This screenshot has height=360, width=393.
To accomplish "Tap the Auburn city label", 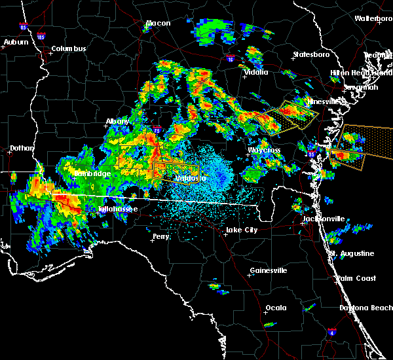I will pos(16,43).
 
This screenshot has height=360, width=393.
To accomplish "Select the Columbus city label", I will pos(69,49).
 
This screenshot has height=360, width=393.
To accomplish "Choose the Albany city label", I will pos(118,121).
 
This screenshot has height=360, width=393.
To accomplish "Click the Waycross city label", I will pos(263,150).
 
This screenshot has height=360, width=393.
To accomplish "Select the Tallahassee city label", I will pos(118,209).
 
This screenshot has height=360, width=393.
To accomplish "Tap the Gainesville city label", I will pos(268,270).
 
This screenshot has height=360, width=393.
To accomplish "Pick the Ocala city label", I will pos(276,308).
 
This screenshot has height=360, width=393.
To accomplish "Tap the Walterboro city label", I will pos(373,18).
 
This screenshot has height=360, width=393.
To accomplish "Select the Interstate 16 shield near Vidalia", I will pos(230,59).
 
